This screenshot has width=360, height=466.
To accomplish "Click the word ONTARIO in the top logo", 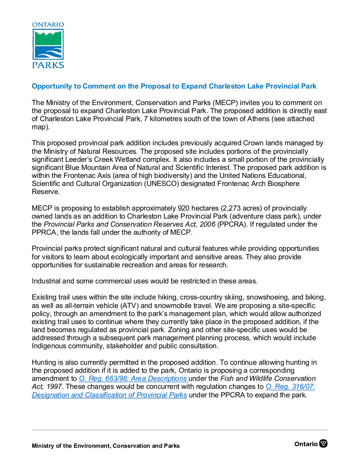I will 48,25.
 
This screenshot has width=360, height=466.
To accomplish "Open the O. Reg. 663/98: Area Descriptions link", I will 133,379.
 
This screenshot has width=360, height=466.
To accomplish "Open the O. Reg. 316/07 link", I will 290,387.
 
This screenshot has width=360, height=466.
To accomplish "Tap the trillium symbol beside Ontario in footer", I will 324,444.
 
